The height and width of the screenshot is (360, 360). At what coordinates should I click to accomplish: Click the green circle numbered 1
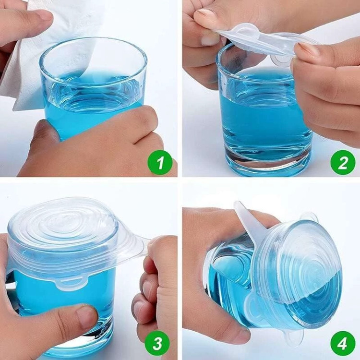(160, 162)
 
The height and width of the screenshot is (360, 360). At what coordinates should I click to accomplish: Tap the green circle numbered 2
(343, 162)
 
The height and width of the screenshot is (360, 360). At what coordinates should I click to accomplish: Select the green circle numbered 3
(157, 344)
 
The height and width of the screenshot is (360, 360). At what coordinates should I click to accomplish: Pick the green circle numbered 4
(343, 344)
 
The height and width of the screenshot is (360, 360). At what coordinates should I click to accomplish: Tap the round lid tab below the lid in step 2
(281, 61)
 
